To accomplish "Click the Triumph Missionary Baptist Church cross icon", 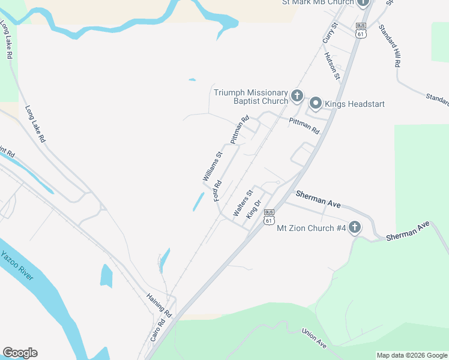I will tap(297, 95).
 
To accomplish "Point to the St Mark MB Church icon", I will tap(363, 2).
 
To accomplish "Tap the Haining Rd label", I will tap(160, 305).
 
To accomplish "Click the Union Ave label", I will tap(313, 338).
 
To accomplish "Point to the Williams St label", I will tap(212, 167).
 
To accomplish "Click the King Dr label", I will tap(255, 208).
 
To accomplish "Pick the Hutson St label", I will tap(332, 66).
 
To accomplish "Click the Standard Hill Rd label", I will tap(389, 46).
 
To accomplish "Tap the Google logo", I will tap(20, 353).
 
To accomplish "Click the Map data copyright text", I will tap(412, 355).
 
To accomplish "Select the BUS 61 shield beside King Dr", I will tap(269, 217).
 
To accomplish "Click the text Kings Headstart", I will tap(354, 104).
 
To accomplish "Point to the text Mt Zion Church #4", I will tap(311, 228).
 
